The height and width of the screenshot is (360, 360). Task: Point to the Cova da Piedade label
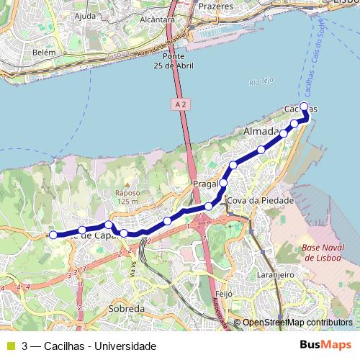(x=260, y=200)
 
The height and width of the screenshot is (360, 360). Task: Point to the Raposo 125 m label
(x=126, y=197)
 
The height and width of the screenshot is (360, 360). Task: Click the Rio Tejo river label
(x=263, y=81)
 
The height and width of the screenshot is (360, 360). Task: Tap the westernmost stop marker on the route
(x=53, y=235)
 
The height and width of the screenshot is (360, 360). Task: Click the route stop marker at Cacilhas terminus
(x=304, y=107)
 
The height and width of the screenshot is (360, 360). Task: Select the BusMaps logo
(x=325, y=346)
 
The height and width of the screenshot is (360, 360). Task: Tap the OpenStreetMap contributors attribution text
(x=297, y=323)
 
